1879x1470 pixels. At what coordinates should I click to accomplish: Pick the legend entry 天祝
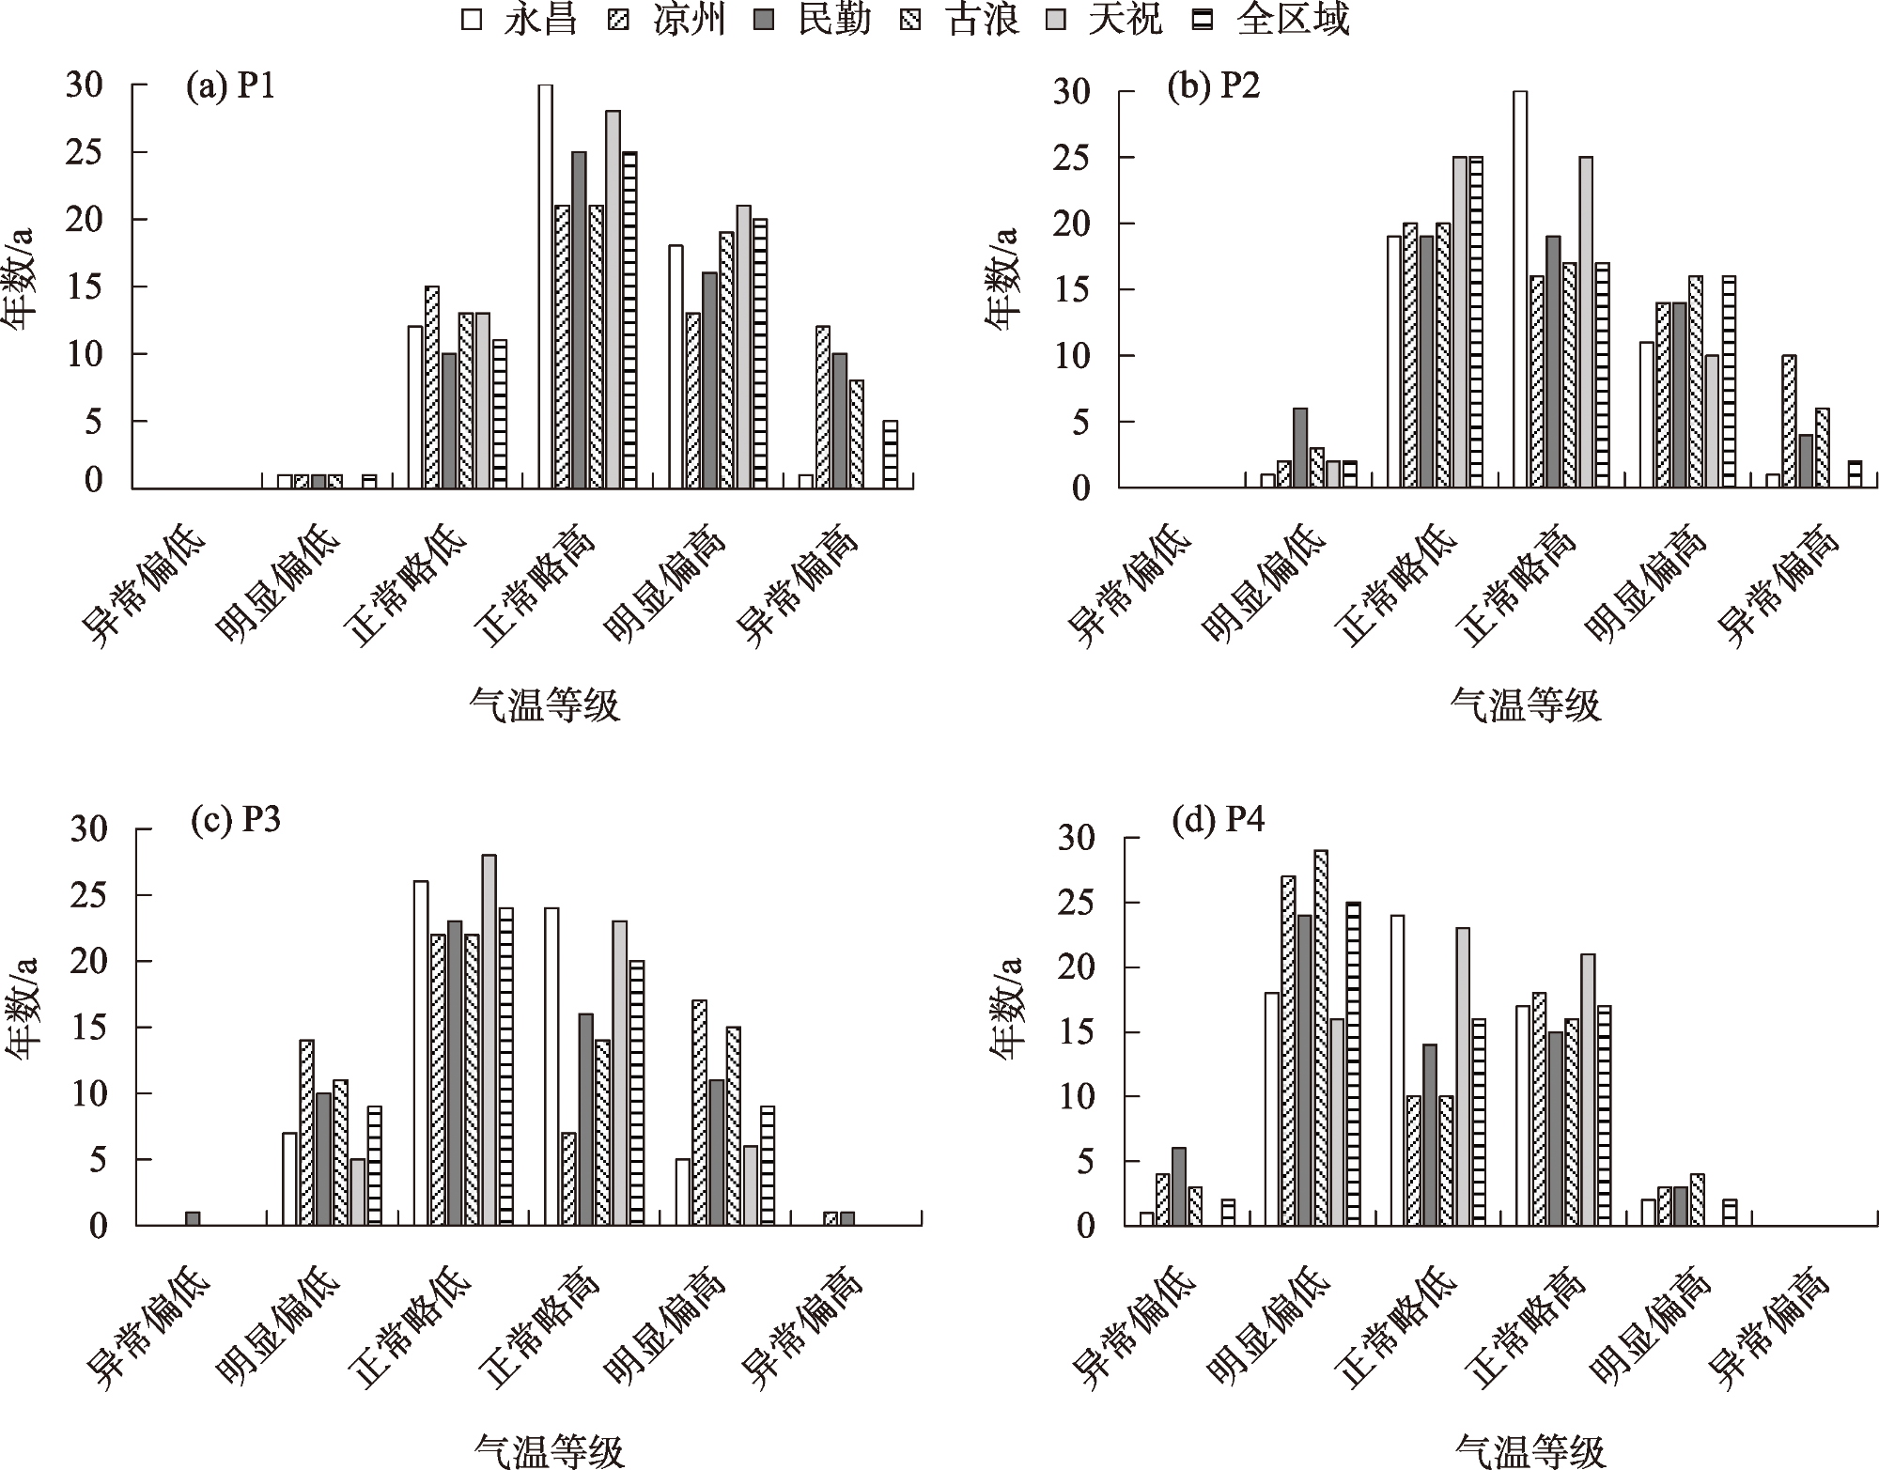(1105, 19)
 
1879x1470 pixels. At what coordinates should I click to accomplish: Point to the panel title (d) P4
(1218, 821)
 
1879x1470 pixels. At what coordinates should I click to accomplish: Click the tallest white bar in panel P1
(545, 286)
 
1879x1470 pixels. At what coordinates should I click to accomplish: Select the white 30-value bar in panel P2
(1520, 289)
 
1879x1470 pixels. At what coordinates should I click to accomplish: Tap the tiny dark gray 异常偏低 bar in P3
(193, 1218)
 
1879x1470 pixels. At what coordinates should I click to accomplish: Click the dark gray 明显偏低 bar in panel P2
(1300, 448)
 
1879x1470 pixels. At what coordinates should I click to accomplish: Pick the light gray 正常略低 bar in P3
(489, 1040)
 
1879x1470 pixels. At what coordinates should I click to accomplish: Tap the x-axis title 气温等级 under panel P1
(545, 704)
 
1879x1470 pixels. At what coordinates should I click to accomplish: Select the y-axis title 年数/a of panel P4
(1007, 1009)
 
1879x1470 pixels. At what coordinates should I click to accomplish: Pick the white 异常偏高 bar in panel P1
(805, 481)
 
